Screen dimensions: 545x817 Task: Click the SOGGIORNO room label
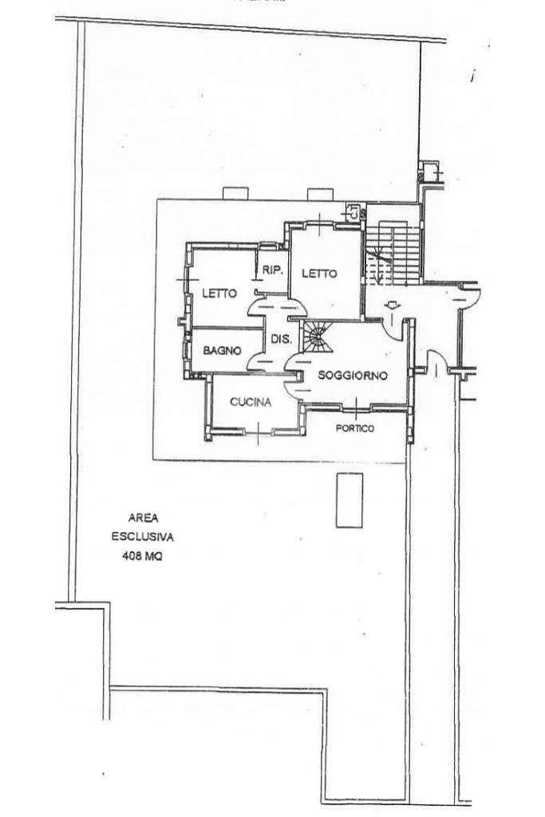point(352,375)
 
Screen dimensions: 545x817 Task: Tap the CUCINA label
point(251,402)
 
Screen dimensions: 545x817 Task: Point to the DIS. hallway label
point(281,339)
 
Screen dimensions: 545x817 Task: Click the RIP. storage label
point(273,270)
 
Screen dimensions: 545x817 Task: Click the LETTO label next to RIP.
point(319,274)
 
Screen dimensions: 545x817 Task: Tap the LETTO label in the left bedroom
point(219,294)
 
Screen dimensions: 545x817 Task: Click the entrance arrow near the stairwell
point(392,305)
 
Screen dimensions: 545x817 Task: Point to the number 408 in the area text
point(131,557)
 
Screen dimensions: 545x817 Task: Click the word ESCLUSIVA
point(142,537)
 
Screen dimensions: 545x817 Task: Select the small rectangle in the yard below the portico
point(349,500)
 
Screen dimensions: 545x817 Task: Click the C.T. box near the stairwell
point(351,213)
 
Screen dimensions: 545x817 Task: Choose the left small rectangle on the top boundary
point(236,194)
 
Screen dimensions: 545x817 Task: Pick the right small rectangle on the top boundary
point(320,194)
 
